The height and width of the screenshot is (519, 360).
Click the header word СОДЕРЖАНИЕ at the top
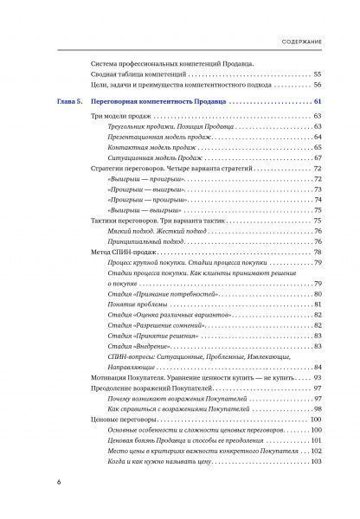click(x=312, y=41)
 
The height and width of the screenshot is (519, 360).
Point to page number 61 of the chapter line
click(x=318, y=103)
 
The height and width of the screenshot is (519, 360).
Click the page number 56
click(x=318, y=85)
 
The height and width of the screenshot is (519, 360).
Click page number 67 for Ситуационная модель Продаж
click(x=318, y=157)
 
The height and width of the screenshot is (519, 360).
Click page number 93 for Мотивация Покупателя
click(x=318, y=377)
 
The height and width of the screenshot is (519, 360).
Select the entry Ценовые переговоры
click(x=125, y=419)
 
